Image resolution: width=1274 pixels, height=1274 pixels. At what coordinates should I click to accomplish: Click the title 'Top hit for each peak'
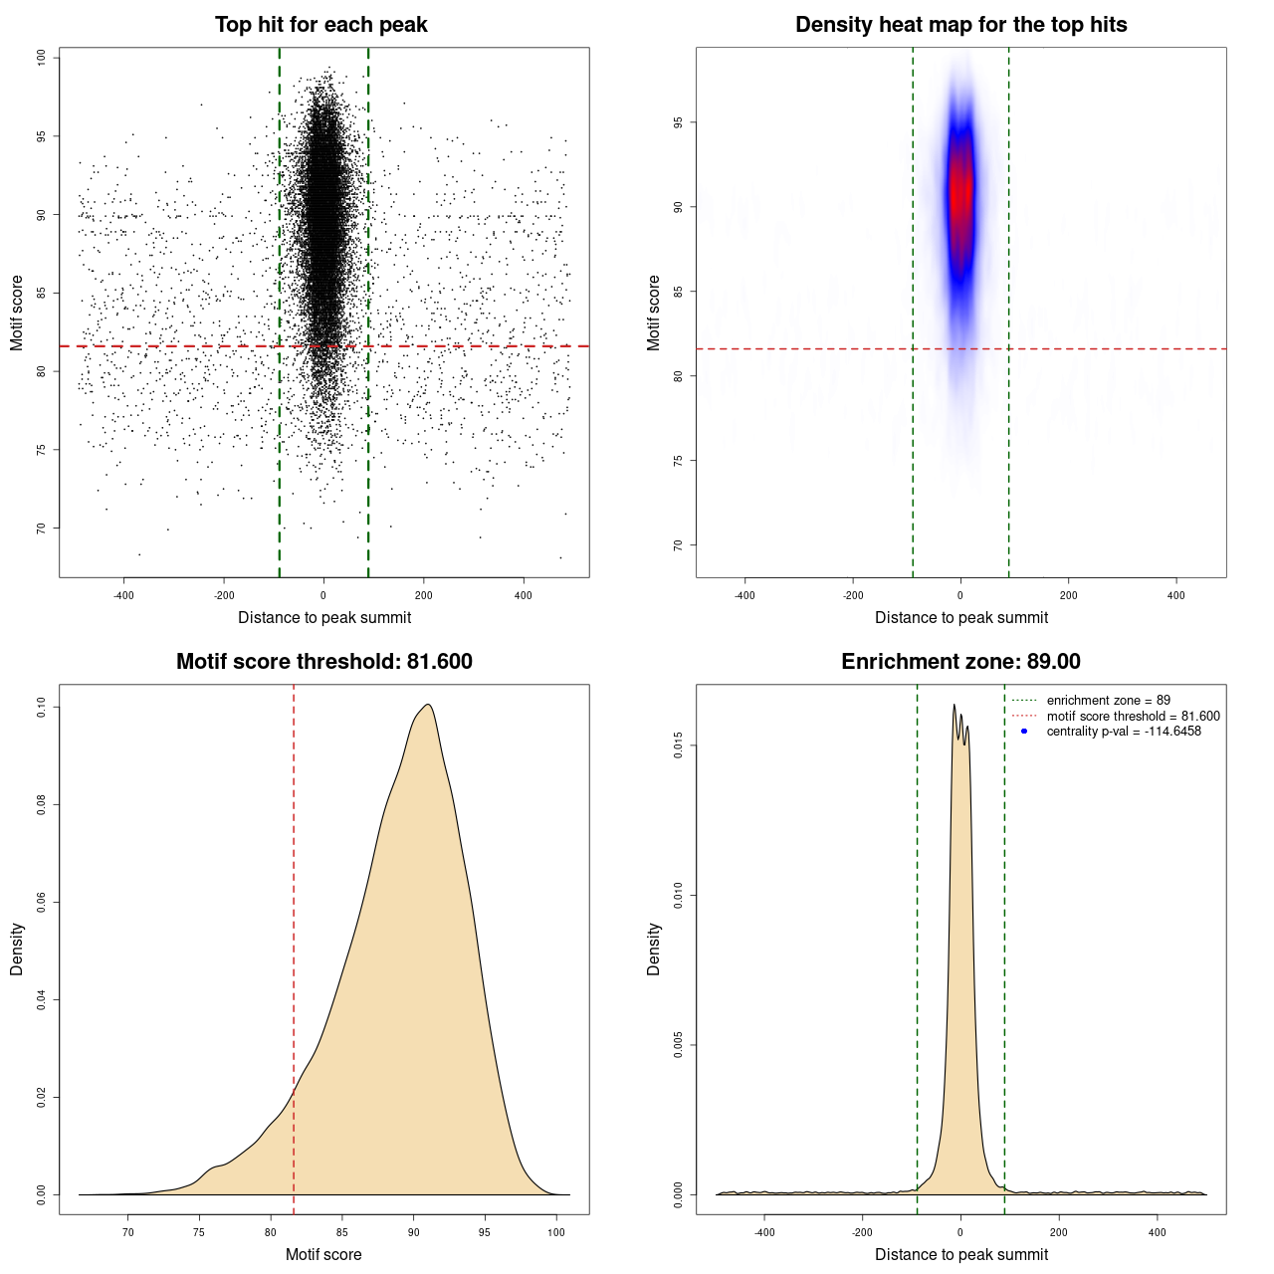click(x=321, y=25)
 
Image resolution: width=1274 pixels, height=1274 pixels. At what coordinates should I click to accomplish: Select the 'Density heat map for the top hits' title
click(x=960, y=25)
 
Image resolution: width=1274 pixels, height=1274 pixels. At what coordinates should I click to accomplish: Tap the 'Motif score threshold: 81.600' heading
click(x=323, y=662)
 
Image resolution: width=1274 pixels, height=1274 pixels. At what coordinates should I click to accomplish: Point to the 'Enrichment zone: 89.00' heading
click(x=960, y=662)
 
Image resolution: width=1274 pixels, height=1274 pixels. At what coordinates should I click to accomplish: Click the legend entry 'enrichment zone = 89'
click(x=1108, y=701)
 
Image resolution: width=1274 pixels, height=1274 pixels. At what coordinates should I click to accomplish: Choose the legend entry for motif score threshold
click(x=1133, y=716)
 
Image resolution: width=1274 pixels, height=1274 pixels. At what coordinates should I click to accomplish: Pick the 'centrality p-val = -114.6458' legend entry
click(x=1124, y=732)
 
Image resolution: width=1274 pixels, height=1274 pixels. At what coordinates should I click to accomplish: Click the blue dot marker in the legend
click(x=1024, y=732)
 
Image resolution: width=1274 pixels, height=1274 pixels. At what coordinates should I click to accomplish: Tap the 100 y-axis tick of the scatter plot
click(x=41, y=58)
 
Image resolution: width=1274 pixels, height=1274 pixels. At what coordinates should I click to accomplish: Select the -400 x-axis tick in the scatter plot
click(x=123, y=595)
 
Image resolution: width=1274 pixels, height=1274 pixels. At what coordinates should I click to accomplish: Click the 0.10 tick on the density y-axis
click(x=41, y=708)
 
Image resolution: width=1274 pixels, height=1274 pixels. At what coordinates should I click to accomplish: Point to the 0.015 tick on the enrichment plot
click(x=678, y=746)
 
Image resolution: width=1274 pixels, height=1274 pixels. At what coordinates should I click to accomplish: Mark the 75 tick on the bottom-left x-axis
click(x=199, y=1232)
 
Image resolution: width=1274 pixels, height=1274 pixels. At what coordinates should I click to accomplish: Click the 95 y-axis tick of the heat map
click(x=678, y=122)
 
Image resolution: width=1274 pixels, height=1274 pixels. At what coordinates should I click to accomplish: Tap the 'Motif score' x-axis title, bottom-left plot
click(x=323, y=1254)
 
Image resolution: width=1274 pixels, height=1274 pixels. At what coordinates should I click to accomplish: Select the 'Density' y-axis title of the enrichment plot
click(x=654, y=949)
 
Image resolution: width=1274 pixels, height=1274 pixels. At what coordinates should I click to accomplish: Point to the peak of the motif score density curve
click(x=428, y=705)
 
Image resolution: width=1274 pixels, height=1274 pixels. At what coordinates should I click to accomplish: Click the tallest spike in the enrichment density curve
click(x=954, y=705)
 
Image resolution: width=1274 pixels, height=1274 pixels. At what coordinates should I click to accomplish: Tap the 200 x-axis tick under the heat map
click(x=1068, y=595)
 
